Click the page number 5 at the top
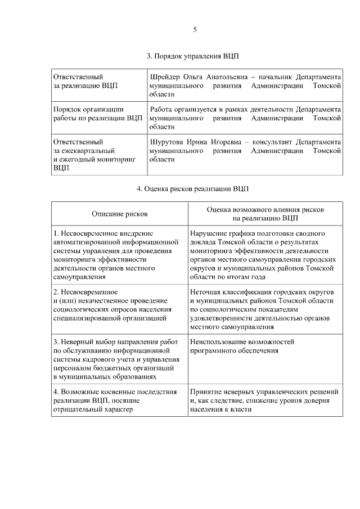tap(195, 29)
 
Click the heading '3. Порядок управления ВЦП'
tap(193, 56)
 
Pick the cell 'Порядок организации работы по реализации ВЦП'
tap(97, 114)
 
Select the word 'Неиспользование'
tap(219, 341)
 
